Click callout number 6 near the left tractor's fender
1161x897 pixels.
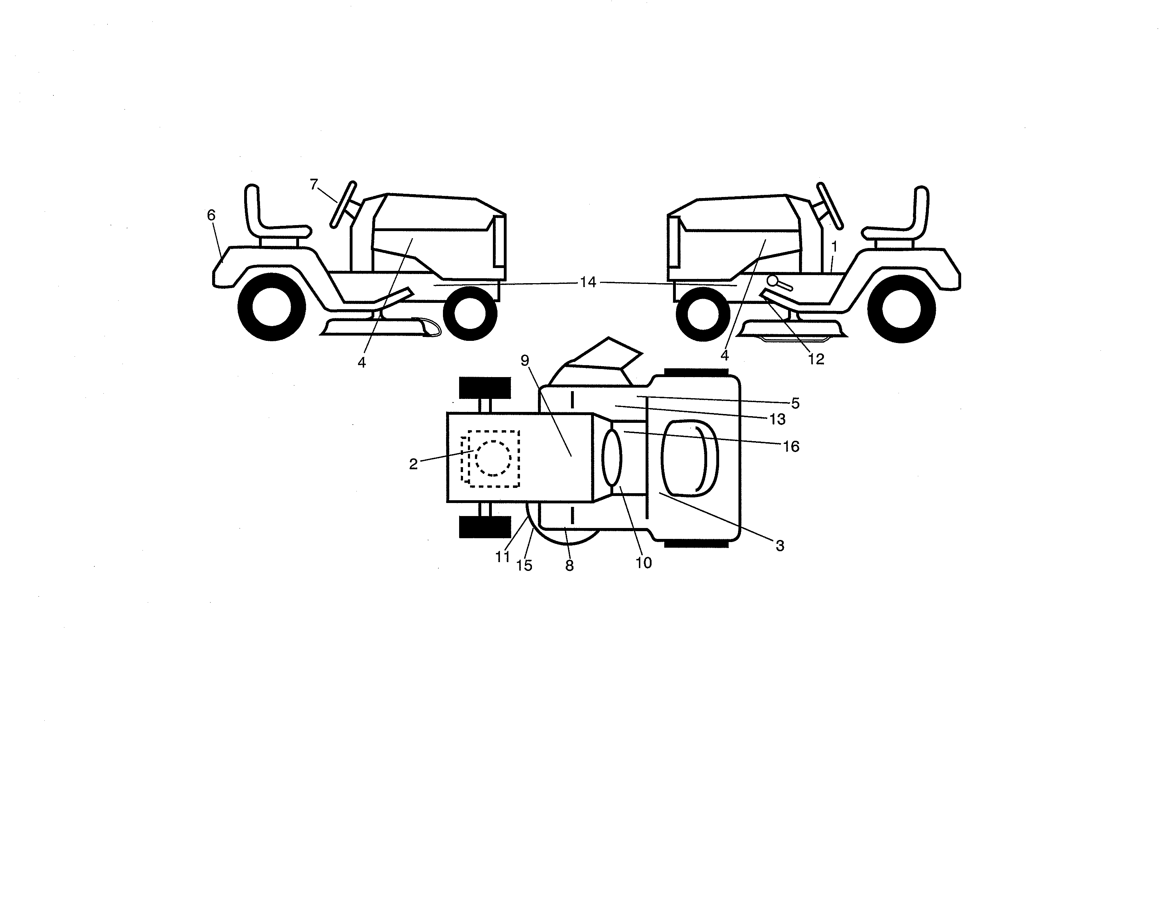[211, 215]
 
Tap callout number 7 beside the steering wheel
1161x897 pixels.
[313, 184]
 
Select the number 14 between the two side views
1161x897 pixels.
[588, 282]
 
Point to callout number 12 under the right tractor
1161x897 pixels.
[816, 359]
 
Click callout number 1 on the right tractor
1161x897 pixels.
[834, 247]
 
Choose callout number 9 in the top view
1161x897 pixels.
[525, 361]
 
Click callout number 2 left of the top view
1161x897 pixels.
[413, 464]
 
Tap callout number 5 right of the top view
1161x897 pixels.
[795, 403]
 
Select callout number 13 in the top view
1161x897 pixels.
[777, 420]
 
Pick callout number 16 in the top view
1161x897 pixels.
[791, 446]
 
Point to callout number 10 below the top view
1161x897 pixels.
[643, 563]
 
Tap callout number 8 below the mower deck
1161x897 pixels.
[569, 566]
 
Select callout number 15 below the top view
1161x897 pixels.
[524, 565]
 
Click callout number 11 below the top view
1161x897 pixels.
[502, 557]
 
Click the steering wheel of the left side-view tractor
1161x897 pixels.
[343, 205]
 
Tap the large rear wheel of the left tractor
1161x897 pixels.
[272, 307]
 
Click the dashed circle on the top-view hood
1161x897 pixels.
[493, 458]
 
